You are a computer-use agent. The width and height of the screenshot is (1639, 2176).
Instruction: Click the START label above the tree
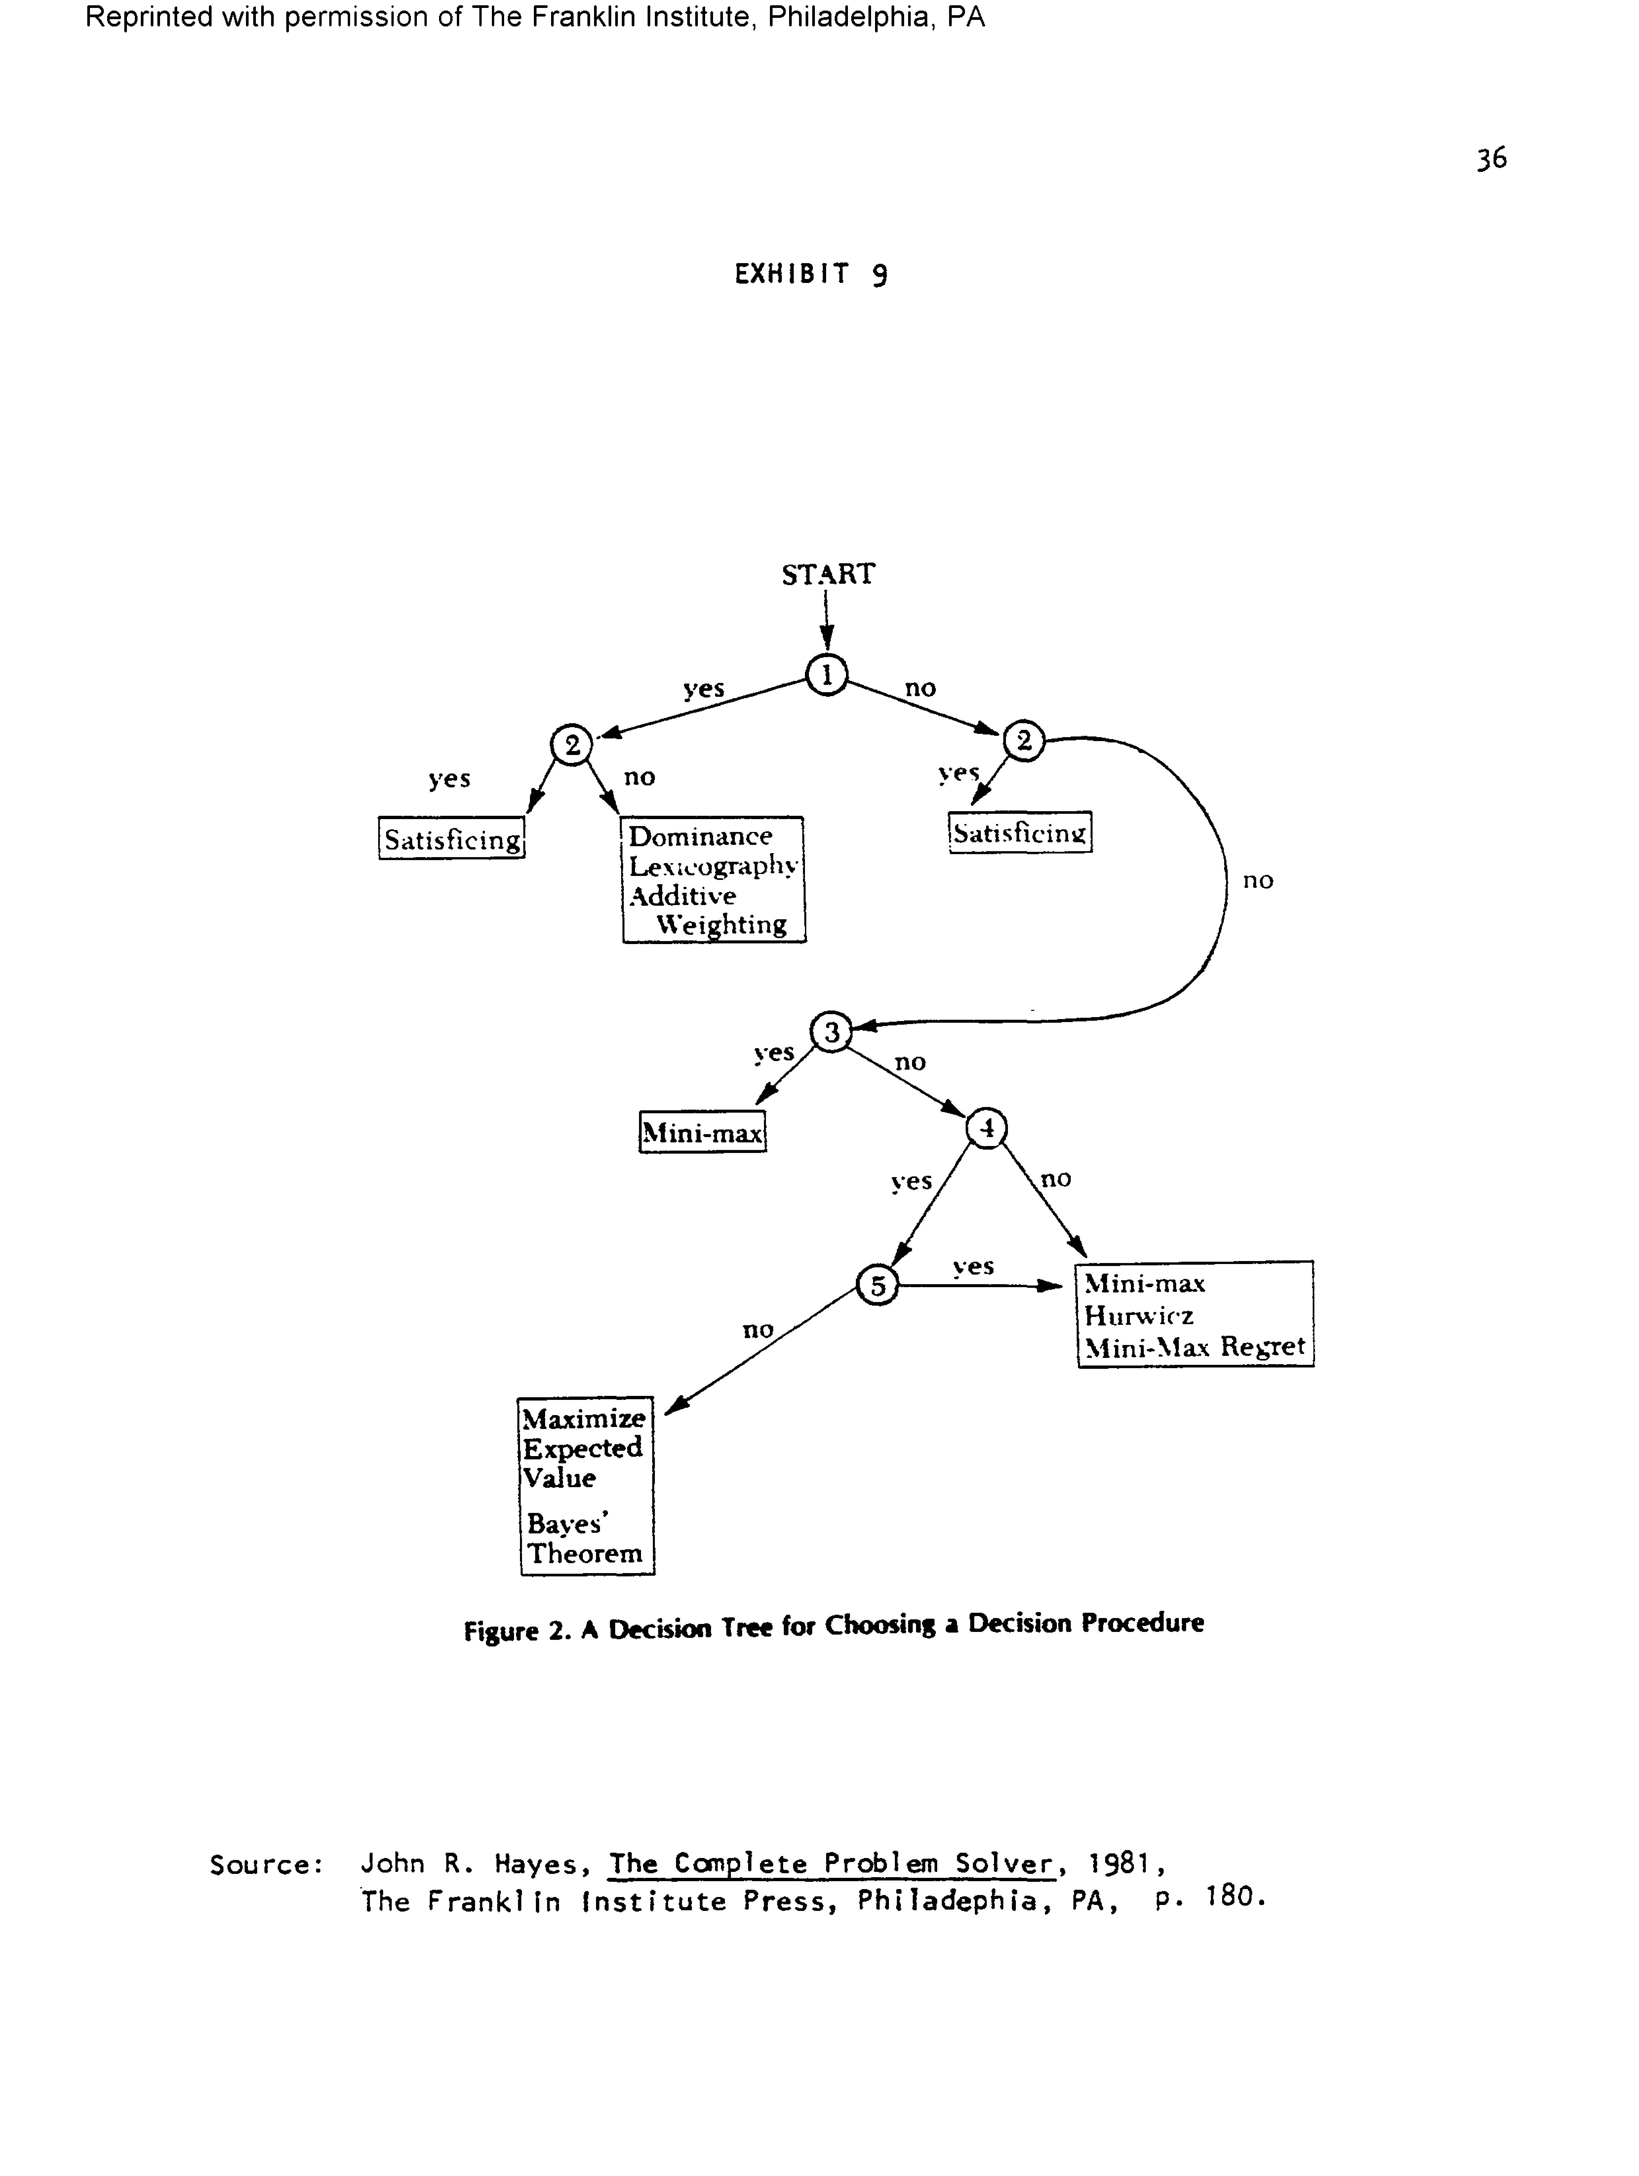(x=827, y=574)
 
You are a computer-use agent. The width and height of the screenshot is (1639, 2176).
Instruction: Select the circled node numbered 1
(x=826, y=675)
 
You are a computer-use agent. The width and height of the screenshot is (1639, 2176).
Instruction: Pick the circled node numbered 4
(x=987, y=1128)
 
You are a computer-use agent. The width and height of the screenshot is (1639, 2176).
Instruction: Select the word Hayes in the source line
(x=536, y=1864)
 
